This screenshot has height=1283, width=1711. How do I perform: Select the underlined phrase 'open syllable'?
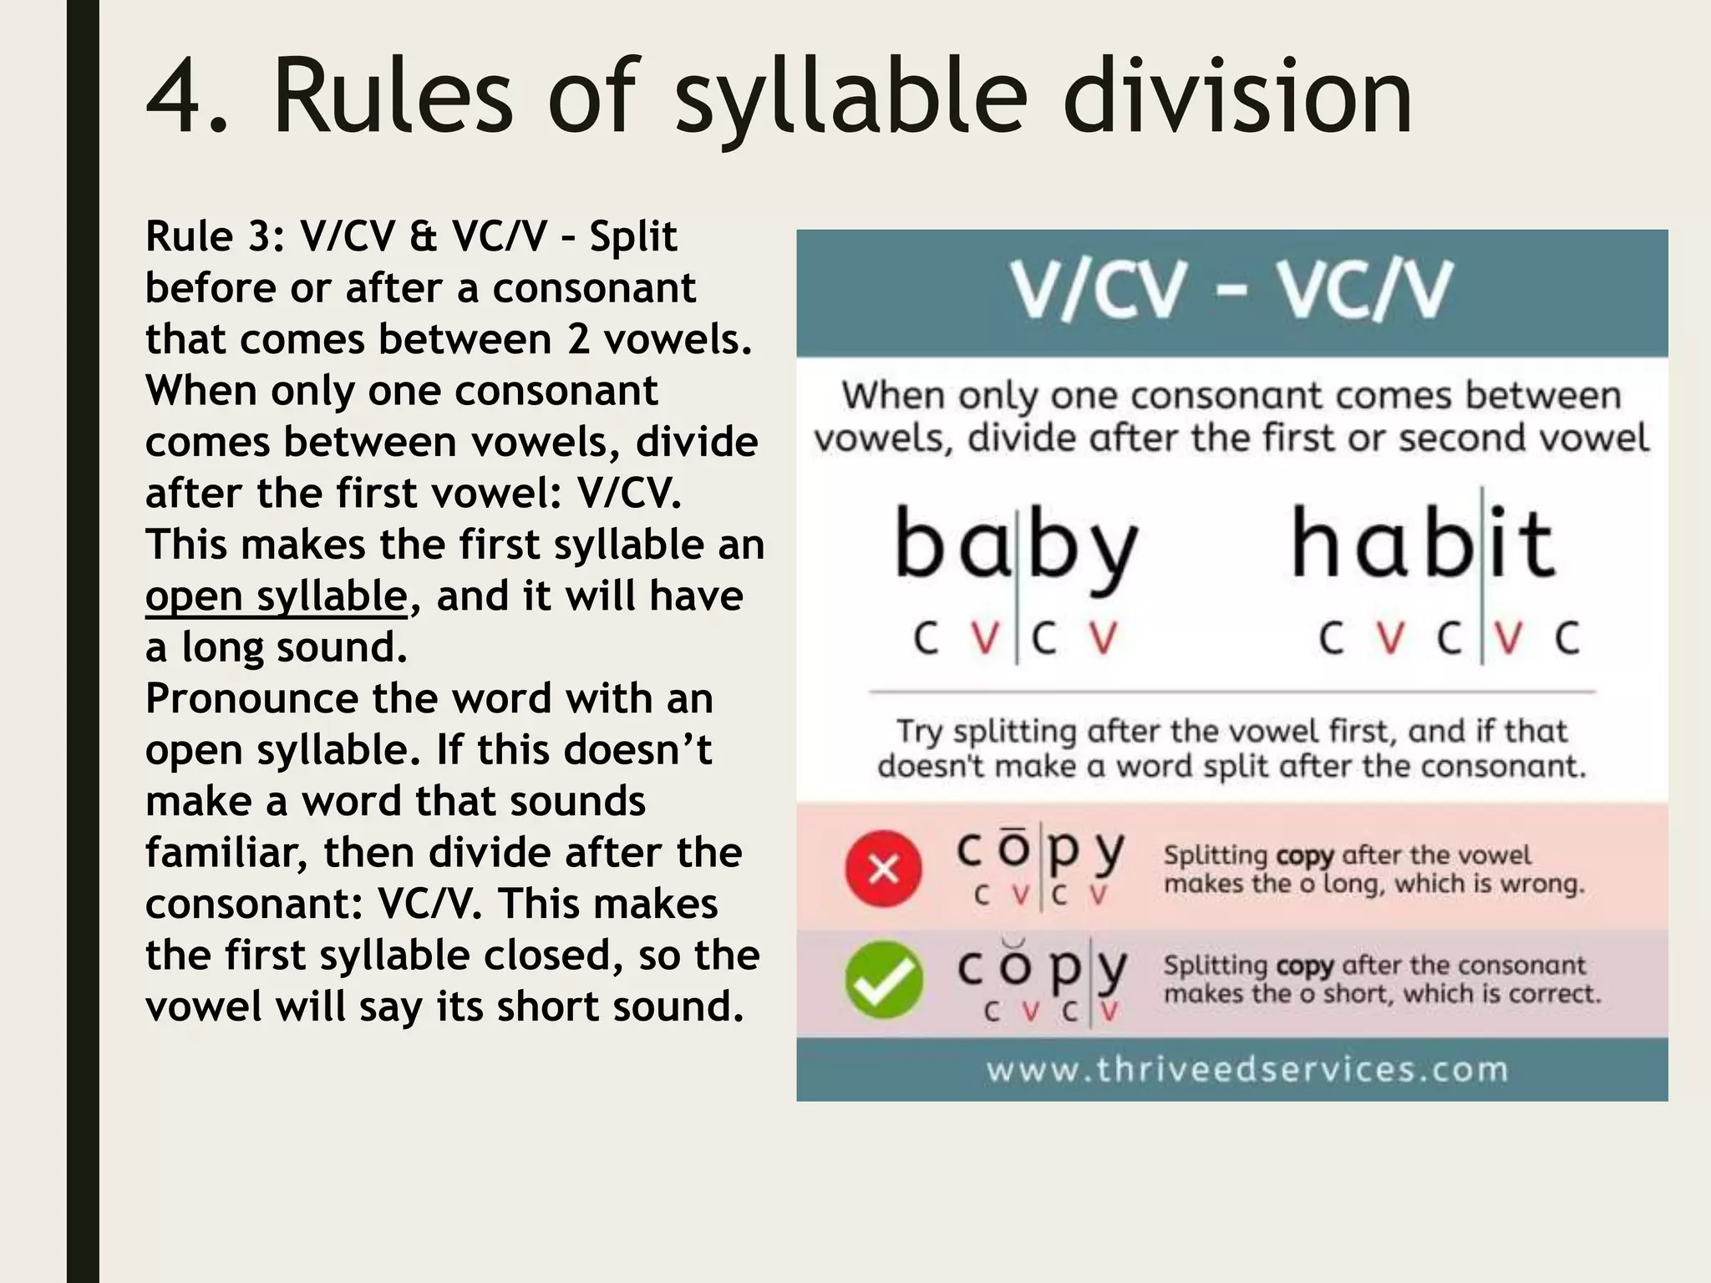click(x=277, y=596)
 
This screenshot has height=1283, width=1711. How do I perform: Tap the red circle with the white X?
click(x=884, y=869)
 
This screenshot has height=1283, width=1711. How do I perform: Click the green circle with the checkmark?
click(x=884, y=980)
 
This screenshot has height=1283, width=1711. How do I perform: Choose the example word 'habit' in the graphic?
click(x=1422, y=545)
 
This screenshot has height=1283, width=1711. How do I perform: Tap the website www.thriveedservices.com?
click(x=1247, y=1070)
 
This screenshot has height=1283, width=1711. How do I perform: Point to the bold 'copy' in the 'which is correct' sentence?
click(x=1305, y=966)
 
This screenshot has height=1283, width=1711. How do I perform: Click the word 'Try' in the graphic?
click(x=919, y=732)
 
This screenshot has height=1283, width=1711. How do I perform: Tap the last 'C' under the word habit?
click(x=1566, y=639)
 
